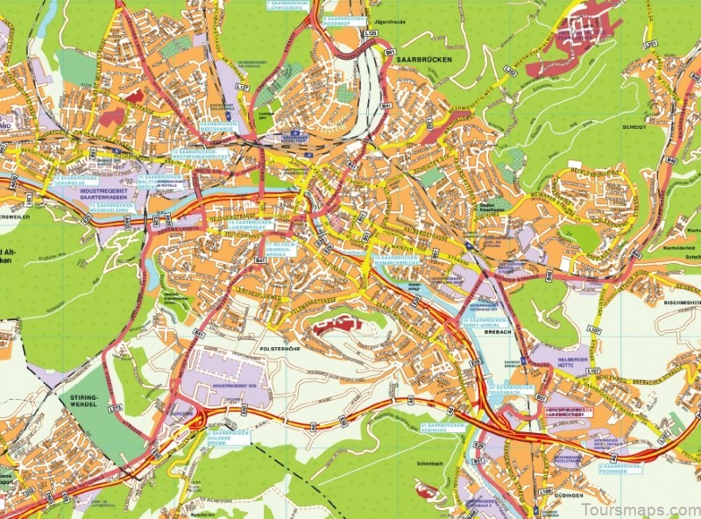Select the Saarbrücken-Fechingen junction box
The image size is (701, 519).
620,469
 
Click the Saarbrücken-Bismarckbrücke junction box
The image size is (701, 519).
396,260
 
